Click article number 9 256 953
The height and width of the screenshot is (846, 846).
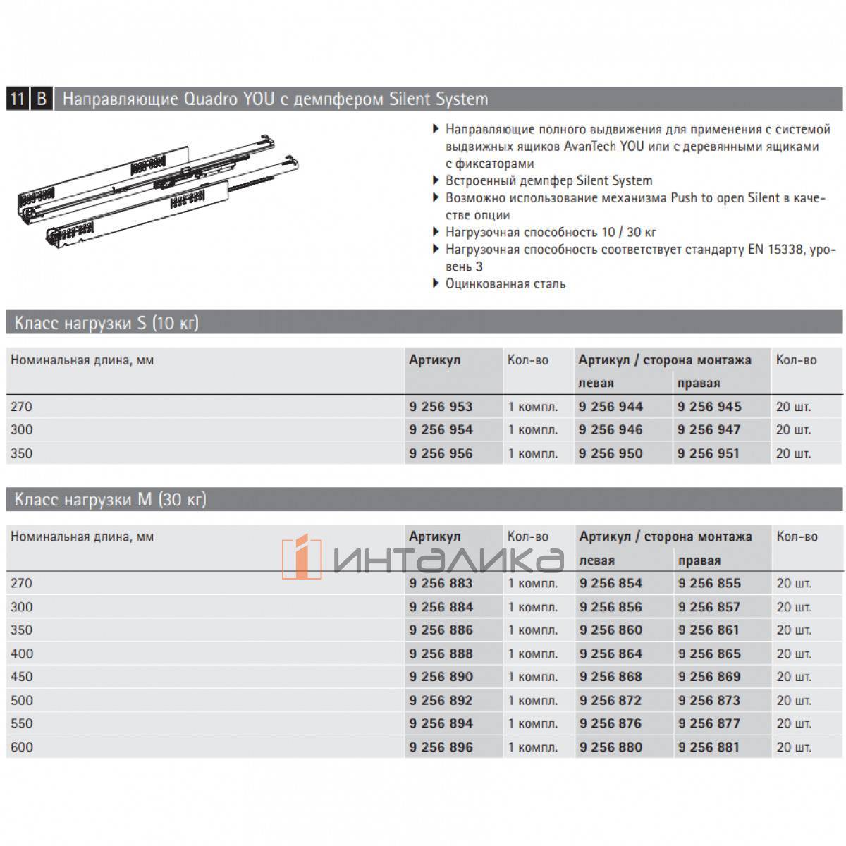click(441, 407)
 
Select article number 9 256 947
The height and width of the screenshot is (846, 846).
click(709, 430)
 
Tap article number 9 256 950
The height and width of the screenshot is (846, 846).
click(611, 453)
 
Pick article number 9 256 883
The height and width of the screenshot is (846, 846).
click(441, 584)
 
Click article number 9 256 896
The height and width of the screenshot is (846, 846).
click(441, 747)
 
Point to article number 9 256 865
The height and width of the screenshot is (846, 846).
click(709, 654)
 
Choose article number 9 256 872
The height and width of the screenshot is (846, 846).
click(611, 701)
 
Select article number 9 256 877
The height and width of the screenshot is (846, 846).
click(709, 723)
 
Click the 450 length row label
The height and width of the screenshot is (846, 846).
click(22, 677)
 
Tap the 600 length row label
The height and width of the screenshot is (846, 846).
click(22, 747)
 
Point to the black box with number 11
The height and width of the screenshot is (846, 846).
click(17, 99)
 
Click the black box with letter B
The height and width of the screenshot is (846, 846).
click(42, 99)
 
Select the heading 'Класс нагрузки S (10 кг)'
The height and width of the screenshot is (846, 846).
click(106, 324)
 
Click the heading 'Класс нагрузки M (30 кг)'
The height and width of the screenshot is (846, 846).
click(110, 501)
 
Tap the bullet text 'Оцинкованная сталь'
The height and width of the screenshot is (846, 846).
click(505, 284)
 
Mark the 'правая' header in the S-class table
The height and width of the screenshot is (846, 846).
click(698, 384)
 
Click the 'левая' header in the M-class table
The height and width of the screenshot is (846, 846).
click(596, 560)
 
